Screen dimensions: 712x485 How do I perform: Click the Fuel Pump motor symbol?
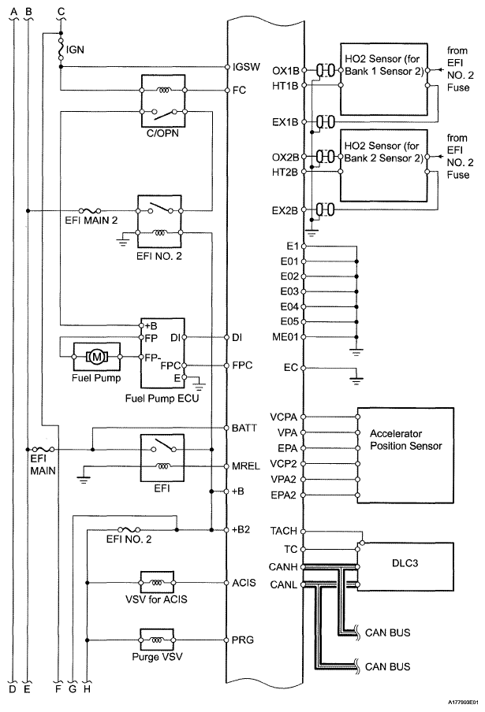click(97, 356)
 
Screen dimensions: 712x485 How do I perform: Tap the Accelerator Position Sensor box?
click(407, 455)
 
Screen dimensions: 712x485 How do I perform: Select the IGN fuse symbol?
click(61, 49)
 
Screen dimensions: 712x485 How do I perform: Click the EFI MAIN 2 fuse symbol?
click(95, 211)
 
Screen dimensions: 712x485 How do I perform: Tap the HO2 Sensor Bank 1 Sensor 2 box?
click(383, 77)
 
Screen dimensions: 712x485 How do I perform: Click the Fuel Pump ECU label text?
click(162, 399)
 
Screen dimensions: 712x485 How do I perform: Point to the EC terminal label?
click(289, 368)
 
